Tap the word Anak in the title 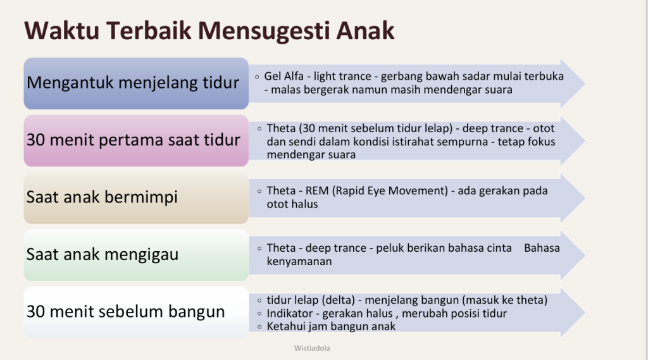click(365, 30)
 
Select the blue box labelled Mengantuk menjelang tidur click(136, 84)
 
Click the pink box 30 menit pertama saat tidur click(136, 141)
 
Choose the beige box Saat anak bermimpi click(136, 198)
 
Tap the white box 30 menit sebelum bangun click(136, 313)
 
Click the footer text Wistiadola click(312, 349)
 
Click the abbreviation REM click(317, 191)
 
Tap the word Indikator click(289, 313)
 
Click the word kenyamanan click(299, 262)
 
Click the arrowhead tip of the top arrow click(585, 84)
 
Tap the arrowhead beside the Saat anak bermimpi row click(573, 198)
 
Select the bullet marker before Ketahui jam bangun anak click(259, 327)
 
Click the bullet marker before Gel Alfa click(257, 77)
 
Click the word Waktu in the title click(61, 30)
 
